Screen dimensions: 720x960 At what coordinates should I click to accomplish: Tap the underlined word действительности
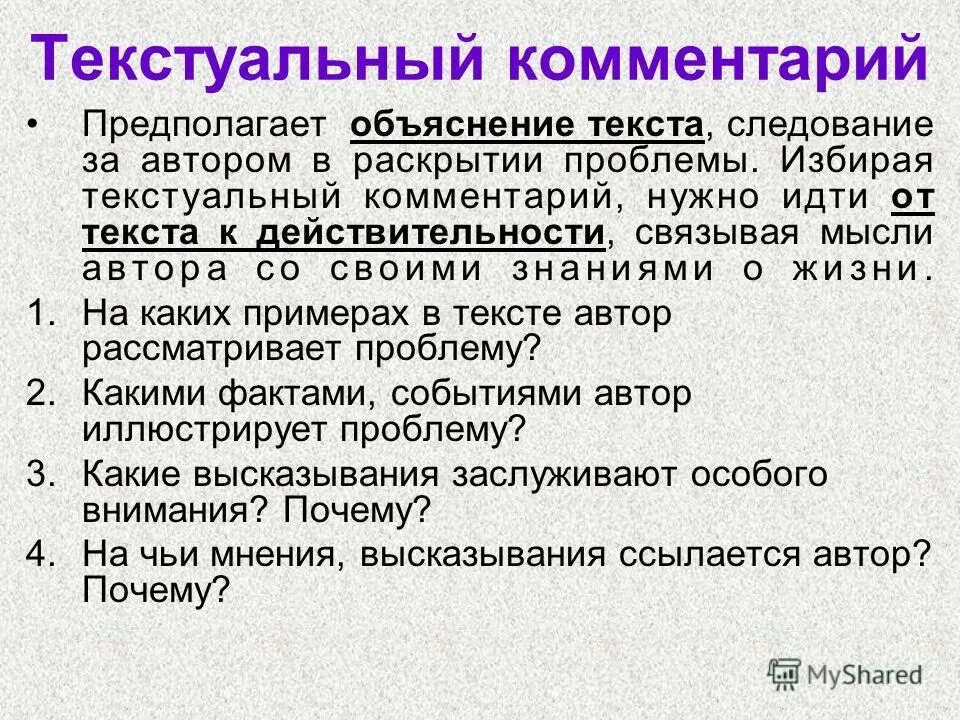pos(431,236)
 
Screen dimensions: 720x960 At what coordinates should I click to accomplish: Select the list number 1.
pos(40,314)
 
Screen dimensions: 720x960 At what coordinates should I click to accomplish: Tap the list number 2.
pos(40,393)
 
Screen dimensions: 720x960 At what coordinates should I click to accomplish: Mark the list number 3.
pos(40,473)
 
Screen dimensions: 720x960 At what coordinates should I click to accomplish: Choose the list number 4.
pos(40,553)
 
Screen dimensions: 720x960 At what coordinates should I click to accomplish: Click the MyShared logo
pos(845,673)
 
